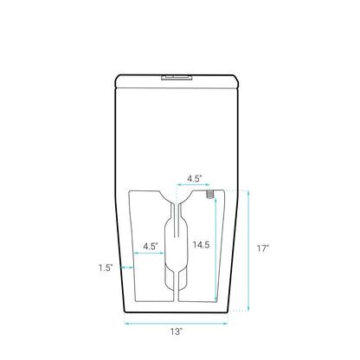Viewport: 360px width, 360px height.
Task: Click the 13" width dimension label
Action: [x=176, y=331]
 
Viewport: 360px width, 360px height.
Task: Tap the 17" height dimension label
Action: [x=263, y=248]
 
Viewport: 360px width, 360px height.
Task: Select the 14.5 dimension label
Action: [x=201, y=245]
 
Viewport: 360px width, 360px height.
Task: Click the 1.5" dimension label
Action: [x=106, y=267]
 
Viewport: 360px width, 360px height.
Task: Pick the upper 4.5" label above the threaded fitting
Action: [x=195, y=178]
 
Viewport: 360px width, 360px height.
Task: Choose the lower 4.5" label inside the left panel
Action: [x=151, y=247]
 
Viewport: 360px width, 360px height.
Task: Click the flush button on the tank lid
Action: [x=177, y=77]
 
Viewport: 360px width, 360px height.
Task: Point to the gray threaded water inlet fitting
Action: [x=210, y=194]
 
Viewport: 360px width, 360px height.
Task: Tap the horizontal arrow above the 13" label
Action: [x=176, y=324]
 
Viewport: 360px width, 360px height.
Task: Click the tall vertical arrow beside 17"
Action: [x=248, y=251]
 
